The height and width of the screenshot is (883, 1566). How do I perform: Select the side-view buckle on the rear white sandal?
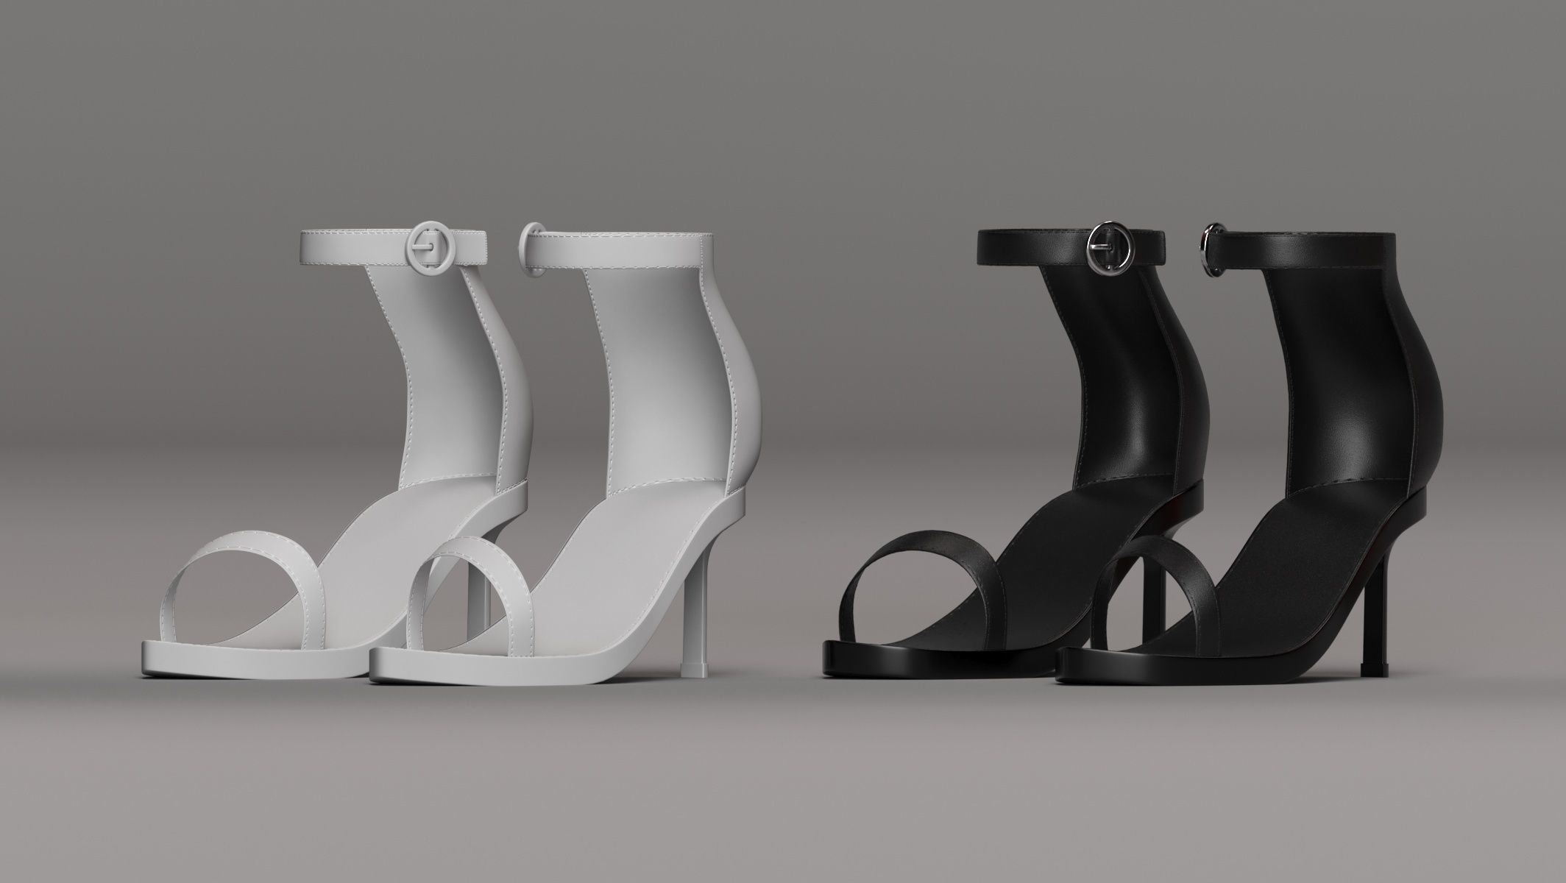529,251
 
